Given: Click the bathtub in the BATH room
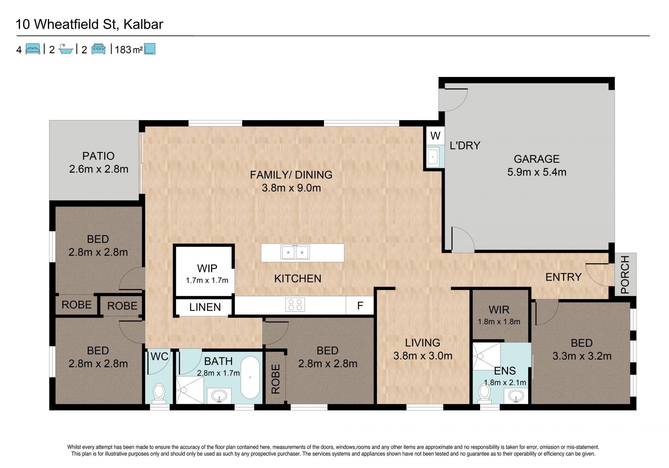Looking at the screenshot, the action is pos(250,377).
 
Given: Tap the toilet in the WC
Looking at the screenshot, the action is pos(159,393).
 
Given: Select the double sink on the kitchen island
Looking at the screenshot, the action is pos(295,252).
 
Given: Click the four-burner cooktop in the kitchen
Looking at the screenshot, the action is pos(295,304).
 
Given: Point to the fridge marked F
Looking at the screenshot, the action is pos(360,306).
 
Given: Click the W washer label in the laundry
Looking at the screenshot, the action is pos(435,136).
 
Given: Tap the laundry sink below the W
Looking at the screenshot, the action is pos(433,157).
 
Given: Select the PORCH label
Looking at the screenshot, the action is pos(625,274).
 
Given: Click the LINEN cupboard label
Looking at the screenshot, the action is pos(205,307).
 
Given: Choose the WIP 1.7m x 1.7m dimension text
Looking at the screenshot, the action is pos(207,280).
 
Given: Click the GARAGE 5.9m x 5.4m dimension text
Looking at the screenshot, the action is pos(537,172).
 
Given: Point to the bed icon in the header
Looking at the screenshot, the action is pos(33,49).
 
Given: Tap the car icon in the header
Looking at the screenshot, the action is pos(98,49).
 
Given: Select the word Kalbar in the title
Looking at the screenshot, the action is pos(143,24).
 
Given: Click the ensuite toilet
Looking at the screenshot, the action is pos(484,393).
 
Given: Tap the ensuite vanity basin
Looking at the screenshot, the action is pos(516,396).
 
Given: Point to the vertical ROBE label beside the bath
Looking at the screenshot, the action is pos(276,379).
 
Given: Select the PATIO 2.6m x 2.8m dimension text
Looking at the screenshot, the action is pos(99,169).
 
